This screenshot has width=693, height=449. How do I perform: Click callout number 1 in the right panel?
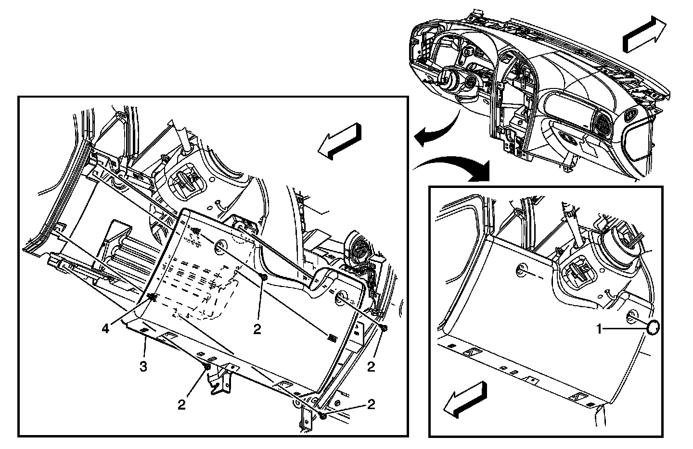coord(599,329)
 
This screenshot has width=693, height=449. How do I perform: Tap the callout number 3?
coord(143,367)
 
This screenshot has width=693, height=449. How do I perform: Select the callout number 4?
coord(105,329)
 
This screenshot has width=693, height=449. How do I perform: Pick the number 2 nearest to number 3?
coord(181,405)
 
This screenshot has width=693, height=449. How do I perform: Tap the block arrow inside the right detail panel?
coord(465,398)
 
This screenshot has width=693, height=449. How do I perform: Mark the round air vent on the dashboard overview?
coord(602,123)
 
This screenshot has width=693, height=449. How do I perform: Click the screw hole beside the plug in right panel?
coord(632,317)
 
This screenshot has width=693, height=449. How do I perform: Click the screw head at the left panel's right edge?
coord(384,328)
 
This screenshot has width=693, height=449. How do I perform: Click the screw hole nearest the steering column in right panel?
coord(521,270)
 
